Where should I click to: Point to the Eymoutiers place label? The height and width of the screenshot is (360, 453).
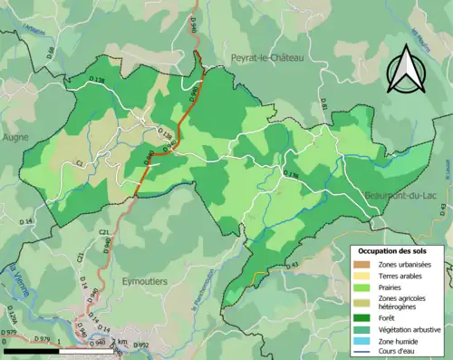[145, 282]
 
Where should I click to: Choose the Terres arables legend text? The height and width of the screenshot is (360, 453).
[403, 276]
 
